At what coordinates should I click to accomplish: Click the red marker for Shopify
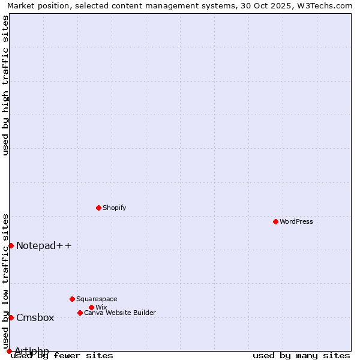pyautogui.click(x=98, y=208)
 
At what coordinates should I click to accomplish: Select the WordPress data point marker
pyautogui.click(x=275, y=221)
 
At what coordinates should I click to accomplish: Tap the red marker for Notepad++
pyautogui.click(x=11, y=245)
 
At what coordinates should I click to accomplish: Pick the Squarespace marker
pyautogui.click(x=72, y=299)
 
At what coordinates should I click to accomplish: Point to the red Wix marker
pyautogui.click(x=91, y=307)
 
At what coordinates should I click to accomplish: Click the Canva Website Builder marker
pyautogui.click(x=80, y=313)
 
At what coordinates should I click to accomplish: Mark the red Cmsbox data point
pyautogui.click(x=11, y=317)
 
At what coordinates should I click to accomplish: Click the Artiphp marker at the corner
pyautogui.click(x=9, y=351)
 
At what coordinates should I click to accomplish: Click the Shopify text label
pyautogui.click(x=114, y=208)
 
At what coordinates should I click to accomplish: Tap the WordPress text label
pyautogui.click(x=296, y=221)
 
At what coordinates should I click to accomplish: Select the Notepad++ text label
pyautogui.click(x=44, y=245)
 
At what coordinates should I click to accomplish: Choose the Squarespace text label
pyautogui.click(x=97, y=299)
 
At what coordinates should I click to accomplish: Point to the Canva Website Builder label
pyautogui.click(x=119, y=313)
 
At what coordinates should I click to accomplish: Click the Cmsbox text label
pyautogui.click(x=35, y=317)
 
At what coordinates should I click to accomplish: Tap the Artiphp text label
pyautogui.click(x=32, y=351)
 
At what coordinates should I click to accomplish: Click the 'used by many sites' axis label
pyautogui.click(x=301, y=356)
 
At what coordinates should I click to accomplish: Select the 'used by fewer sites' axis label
pyautogui.click(x=62, y=356)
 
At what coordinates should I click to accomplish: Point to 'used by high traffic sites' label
pyautogui.click(x=5, y=85)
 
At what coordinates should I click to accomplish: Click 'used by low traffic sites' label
pyautogui.click(x=5, y=281)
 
